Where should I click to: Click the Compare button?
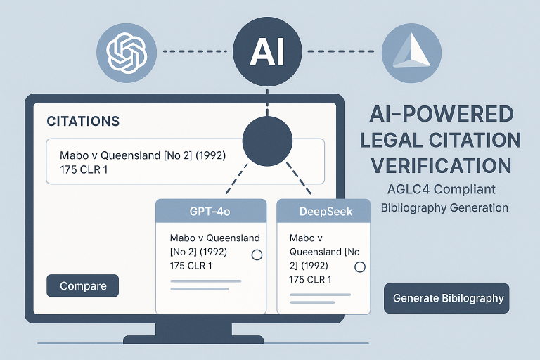(x=83, y=286)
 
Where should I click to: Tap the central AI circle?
(x=267, y=51)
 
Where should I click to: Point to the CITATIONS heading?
(x=82, y=121)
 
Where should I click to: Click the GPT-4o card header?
(x=210, y=211)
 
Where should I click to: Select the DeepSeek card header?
(x=324, y=211)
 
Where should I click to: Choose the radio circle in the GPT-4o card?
(x=257, y=255)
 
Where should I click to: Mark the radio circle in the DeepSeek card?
(x=360, y=267)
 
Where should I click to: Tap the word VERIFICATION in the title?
(x=441, y=166)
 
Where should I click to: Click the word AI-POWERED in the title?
(x=441, y=113)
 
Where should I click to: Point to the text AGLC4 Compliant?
(x=441, y=189)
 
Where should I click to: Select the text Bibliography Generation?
(x=444, y=207)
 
